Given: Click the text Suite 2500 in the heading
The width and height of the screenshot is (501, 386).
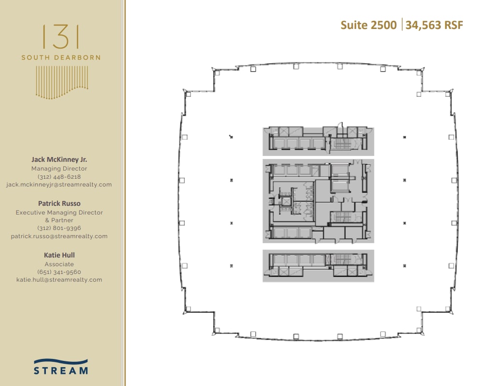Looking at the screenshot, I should [x=368, y=25].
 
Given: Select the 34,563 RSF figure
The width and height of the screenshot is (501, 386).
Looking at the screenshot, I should [x=434, y=25].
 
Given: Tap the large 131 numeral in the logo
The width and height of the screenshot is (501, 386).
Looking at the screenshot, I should [x=61, y=37].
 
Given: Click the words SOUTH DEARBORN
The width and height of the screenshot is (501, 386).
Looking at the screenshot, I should [x=61, y=57].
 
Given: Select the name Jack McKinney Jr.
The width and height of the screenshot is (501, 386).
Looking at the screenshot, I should [x=59, y=159].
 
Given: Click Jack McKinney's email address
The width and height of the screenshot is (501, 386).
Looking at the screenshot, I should [x=59, y=185].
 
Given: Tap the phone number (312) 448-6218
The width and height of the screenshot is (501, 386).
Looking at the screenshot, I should [x=59, y=177].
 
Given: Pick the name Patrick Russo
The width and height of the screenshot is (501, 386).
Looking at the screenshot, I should [x=59, y=204].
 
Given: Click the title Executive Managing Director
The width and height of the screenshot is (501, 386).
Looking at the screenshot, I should [x=59, y=213].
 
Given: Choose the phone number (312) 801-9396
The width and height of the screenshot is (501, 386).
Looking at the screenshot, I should [x=59, y=228].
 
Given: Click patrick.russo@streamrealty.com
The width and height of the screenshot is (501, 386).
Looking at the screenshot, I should [x=59, y=236].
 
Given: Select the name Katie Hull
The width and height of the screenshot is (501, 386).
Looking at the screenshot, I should [x=59, y=255].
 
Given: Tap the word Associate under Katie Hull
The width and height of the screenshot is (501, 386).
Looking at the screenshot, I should [x=59, y=264].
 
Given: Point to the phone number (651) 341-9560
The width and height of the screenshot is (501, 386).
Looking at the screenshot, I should [x=59, y=272].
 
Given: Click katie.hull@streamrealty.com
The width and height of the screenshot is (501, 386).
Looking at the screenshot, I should [x=59, y=280].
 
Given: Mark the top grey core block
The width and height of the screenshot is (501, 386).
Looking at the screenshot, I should [x=318, y=141].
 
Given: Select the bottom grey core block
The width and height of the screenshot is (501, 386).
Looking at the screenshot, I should [x=318, y=265].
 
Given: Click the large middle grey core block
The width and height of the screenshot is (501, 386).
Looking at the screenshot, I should [x=318, y=200].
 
